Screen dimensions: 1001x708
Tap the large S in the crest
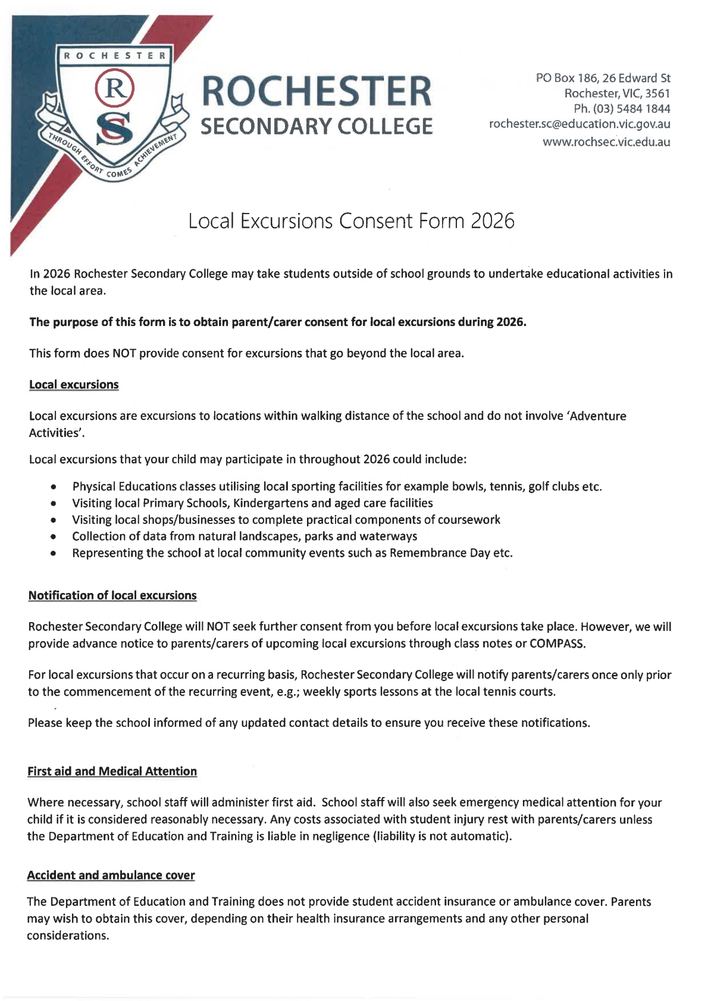pyautogui.click(x=115, y=129)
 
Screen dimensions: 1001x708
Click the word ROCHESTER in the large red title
pyautogui.click(x=317, y=92)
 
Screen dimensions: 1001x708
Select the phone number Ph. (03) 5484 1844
pyautogui.click(x=622, y=109)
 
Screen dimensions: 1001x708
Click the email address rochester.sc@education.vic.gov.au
pyautogui.click(x=579, y=124)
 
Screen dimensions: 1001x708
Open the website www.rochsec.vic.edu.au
pyautogui.click(x=606, y=142)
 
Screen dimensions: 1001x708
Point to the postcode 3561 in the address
pyautogui.click(x=657, y=93)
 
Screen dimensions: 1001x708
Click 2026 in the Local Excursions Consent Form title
pyautogui.click(x=493, y=221)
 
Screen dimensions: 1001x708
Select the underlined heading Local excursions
pyautogui.click(x=74, y=385)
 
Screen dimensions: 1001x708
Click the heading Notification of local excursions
pyautogui.click(x=112, y=595)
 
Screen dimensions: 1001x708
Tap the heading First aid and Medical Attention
pyautogui.click(x=112, y=771)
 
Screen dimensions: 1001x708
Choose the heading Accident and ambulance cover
pyautogui.click(x=111, y=876)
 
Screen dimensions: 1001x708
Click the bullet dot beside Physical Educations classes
pyautogui.click(x=54, y=487)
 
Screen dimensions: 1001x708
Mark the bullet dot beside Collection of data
pyautogui.click(x=54, y=536)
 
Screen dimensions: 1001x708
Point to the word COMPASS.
pyautogui.click(x=557, y=644)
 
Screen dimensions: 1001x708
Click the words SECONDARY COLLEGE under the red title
pyautogui.click(x=317, y=127)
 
